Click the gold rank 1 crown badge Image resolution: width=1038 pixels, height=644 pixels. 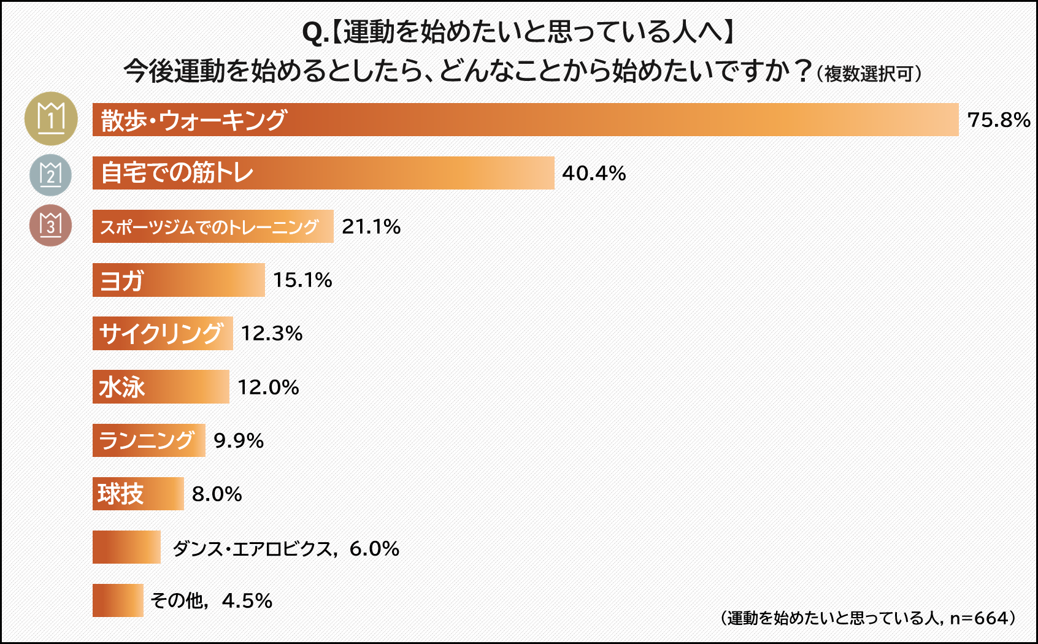pos(51,118)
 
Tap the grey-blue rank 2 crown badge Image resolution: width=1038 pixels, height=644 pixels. pos(50,175)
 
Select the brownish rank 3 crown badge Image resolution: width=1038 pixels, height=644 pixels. pos(50,225)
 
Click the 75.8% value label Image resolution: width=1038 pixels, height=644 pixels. pos(998,120)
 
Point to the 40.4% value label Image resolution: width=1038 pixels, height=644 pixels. pos(593,173)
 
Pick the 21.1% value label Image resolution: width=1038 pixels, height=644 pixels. pos(371,226)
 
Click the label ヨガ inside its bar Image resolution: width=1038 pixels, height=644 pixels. pos(121,281)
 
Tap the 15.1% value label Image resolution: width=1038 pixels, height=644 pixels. pos(302,280)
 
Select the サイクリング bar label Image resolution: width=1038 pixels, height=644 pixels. pos(161,334)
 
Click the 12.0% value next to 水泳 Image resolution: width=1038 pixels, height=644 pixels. pos(268,387)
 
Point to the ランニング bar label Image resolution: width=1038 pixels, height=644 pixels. pos(147,440)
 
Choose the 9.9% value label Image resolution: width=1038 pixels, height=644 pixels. pos(238,440)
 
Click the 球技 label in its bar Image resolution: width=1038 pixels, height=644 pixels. pos(120,494)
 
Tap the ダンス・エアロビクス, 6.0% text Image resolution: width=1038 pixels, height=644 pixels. pos(285,548)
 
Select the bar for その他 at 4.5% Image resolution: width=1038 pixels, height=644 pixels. pos(118,600)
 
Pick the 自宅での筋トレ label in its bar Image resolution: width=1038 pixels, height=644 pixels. pos(177,173)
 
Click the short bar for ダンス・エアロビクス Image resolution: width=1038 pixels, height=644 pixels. pos(126,547)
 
